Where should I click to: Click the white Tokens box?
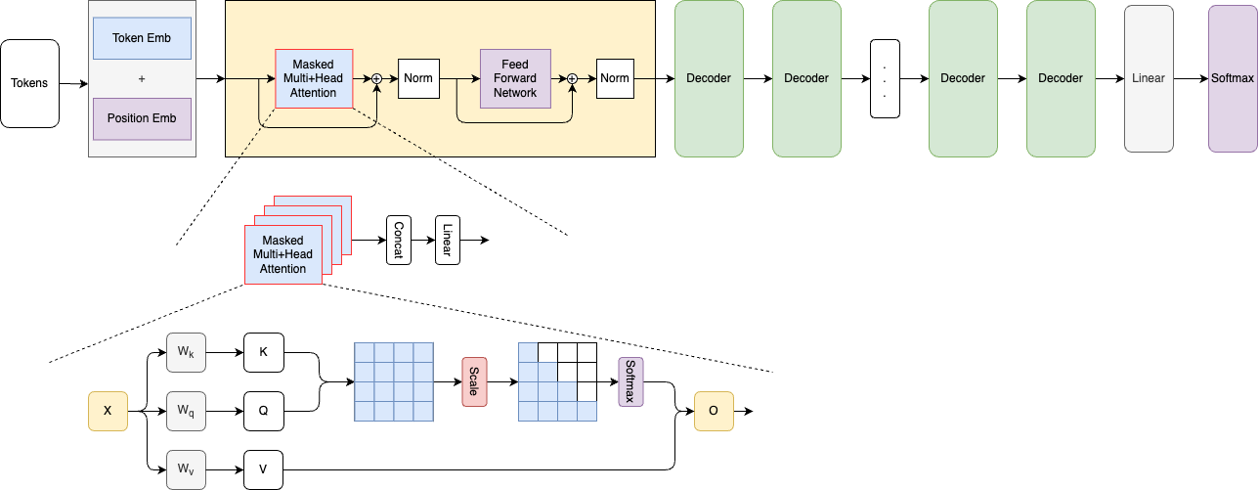click(x=29, y=83)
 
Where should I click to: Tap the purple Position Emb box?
click(x=143, y=118)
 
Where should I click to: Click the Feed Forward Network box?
click(x=515, y=78)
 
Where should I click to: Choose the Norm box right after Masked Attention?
click(x=418, y=78)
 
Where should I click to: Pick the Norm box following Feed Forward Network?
click(x=615, y=78)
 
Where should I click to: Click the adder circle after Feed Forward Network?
click(x=574, y=78)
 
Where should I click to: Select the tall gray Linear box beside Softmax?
click(x=1149, y=78)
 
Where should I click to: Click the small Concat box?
click(x=398, y=240)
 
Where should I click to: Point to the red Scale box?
click(x=474, y=381)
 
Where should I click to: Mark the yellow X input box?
click(x=108, y=412)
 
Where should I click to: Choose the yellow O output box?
click(x=714, y=412)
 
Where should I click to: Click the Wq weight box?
click(x=186, y=412)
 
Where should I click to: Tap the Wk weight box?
click(x=186, y=352)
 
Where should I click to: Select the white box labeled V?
click(x=263, y=469)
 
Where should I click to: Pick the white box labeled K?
click(x=263, y=352)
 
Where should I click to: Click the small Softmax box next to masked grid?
click(x=630, y=381)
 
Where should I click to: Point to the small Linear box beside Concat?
click(x=447, y=240)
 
